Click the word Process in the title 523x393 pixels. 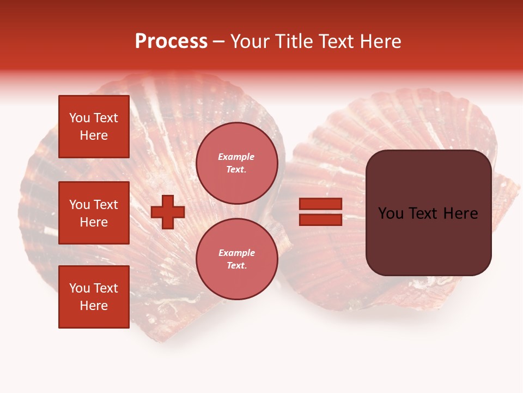pyautogui.click(x=171, y=41)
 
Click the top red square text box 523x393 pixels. pyautogui.click(x=94, y=127)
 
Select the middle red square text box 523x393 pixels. pyautogui.click(x=94, y=213)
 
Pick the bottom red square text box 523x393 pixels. pyautogui.click(x=94, y=297)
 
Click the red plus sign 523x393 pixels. pyautogui.click(x=168, y=212)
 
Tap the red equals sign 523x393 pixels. pyautogui.click(x=320, y=212)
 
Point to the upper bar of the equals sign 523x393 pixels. pyautogui.click(x=320, y=204)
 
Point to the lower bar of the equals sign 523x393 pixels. pyautogui.click(x=320, y=219)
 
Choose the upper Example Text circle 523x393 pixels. pyautogui.click(x=236, y=163)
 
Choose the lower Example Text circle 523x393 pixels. pyautogui.click(x=236, y=259)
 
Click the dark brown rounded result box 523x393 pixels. pyautogui.click(x=428, y=213)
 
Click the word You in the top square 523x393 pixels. pyautogui.click(x=79, y=118)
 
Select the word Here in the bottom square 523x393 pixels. pyautogui.click(x=94, y=306)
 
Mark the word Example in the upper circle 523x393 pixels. pyautogui.click(x=236, y=157)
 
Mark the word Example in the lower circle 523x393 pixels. pyautogui.click(x=236, y=253)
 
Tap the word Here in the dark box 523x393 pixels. pyautogui.click(x=461, y=213)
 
